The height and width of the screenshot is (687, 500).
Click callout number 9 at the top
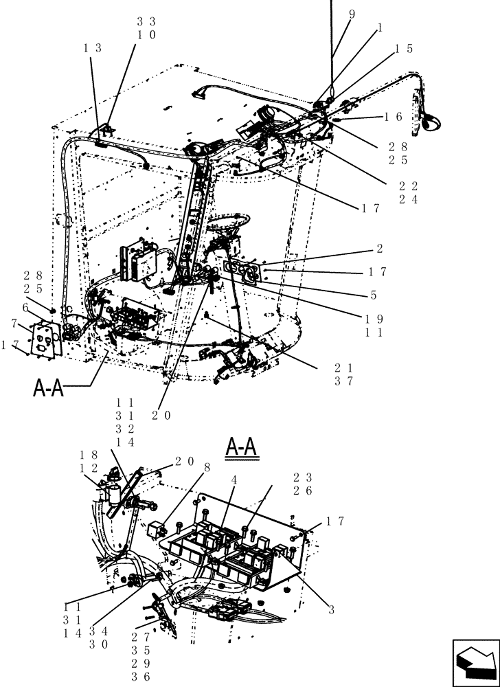click(352, 13)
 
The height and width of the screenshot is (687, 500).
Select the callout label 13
click(93, 48)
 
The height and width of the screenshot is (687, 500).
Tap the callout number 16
click(394, 117)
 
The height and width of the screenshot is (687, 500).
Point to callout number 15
click(404, 49)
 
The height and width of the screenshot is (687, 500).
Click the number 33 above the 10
click(146, 21)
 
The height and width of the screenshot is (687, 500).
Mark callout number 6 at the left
click(25, 306)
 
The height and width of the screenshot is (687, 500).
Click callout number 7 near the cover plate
click(14, 323)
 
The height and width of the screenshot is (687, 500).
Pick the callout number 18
click(88, 455)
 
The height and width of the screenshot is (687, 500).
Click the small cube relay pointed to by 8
click(157, 529)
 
